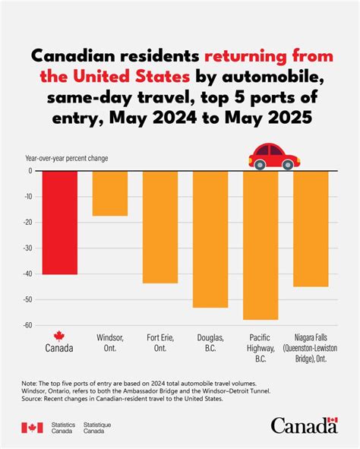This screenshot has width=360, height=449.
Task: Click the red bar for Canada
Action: pyautogui.click(x=59, y=222)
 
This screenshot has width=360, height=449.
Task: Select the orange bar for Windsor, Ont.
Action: pyautogui.click(x=110, y=193)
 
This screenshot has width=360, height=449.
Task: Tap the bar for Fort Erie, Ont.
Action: pyautogui.click(x=160, y=226)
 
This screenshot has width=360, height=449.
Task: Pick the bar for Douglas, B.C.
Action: pyautogui.click(x=210, y=239)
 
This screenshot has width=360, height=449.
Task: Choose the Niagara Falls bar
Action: pyautogui.click(x=311, y=228)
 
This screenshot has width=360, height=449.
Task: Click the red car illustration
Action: pyautogui.click(x=273, y=156)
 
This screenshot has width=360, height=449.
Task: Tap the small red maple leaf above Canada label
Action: pyautogui.click(x=59, y=336)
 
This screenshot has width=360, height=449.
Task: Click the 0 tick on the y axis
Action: pyautogui.click(x=30, y=171)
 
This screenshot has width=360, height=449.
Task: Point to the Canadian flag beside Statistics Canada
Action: pyautogui.click(x=32, y=428)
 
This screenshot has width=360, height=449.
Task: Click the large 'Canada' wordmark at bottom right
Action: pyautogui.click(x=304, y=426)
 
